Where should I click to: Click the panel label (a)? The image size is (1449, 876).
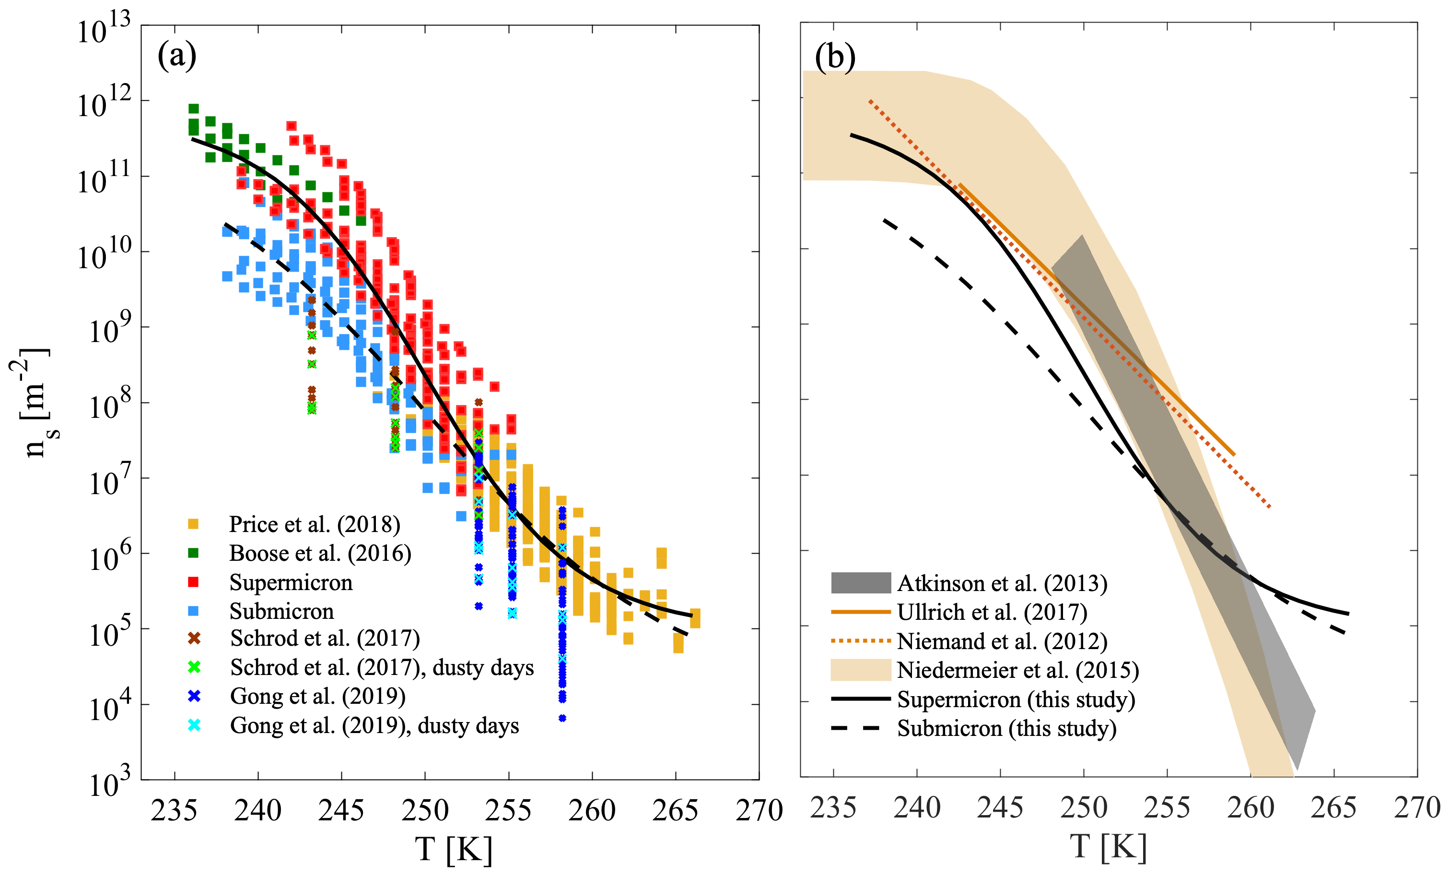pos(176,57)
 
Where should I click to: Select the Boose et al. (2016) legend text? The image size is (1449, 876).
pos(320,553)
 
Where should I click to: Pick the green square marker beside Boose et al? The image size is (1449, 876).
pos(193,553)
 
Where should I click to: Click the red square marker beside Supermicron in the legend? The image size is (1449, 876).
pos(193,582)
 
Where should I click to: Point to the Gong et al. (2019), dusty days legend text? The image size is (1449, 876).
pos(374,725)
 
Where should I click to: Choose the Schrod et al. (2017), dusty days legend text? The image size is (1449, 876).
pos(382,668)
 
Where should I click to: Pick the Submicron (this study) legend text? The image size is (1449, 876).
pos(1007,728)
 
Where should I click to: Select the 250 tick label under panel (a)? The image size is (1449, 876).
pos(425,810)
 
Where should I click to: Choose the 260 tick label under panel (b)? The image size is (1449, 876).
pos(1250,808)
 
